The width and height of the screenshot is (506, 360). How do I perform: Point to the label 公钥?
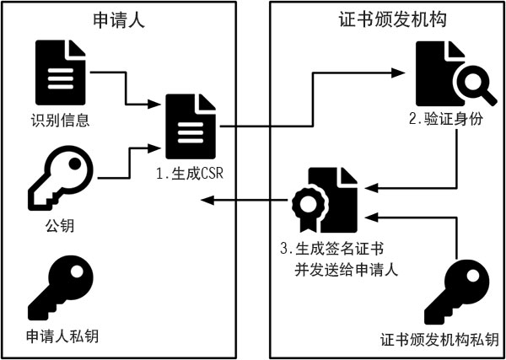coord(57,227)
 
